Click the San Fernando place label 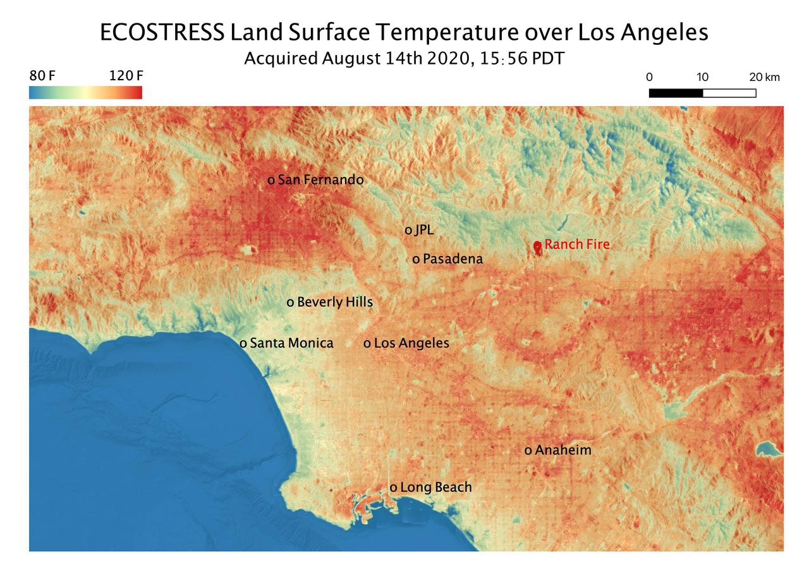click(320, 180)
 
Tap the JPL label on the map click(424, 230)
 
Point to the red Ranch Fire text click(577, 245)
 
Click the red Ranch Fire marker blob click(537, 247)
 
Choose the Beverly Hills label click(334, 303)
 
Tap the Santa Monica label click(291, 343)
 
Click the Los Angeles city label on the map click(411, 343)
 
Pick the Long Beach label click(435, 487)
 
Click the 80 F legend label click(42, 76)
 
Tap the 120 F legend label click(126, 76)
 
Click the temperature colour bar click(85, 93)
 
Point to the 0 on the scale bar click(649, 78)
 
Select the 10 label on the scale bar click(702, 78)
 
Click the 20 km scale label click(765, 78)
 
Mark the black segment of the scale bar click(676, 93)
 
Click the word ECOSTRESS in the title click(161, 33)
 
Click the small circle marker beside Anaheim click(528, 451)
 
